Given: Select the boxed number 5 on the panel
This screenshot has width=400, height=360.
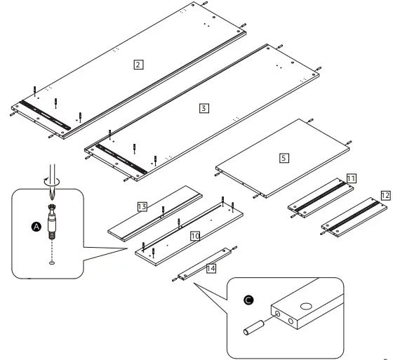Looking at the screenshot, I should [x=284, y=158].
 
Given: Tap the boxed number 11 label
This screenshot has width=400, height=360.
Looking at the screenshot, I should [x=349, y=180].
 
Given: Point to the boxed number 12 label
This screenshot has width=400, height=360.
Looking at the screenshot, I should [x=385, y=194].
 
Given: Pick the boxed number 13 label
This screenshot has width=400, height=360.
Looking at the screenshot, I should [x=142, y=206].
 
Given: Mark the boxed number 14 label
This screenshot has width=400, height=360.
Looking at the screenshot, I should [x=210, y=267].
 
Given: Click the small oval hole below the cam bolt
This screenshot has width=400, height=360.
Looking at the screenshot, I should [x=53, y=263].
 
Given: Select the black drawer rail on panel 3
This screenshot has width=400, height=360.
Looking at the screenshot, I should [x=121, y=158].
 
